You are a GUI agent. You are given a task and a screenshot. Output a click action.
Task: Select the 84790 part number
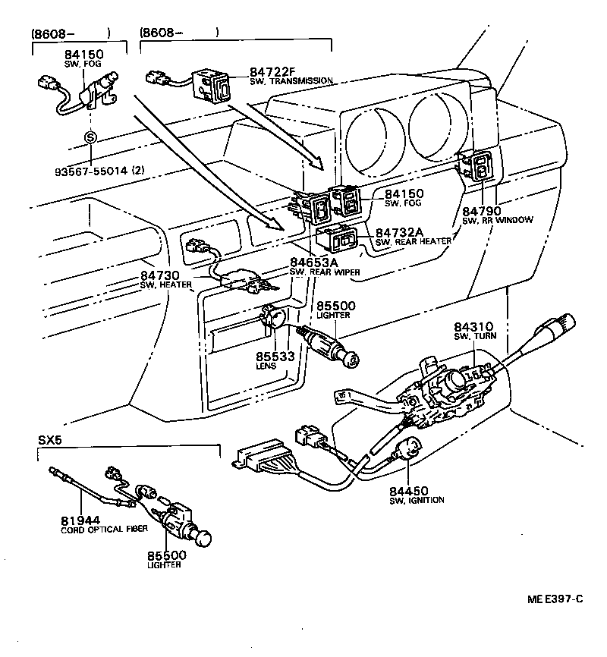point(483,210)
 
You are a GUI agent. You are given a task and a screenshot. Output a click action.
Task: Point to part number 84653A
point(314,263)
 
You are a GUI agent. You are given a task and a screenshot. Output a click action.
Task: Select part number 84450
point(407,491)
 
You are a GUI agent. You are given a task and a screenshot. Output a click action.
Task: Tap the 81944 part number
point(78,520)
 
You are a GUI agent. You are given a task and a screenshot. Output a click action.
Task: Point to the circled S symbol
point(90,138)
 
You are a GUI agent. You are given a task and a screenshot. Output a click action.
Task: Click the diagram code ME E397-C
point(555,599)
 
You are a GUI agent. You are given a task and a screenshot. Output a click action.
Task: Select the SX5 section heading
point(49,440)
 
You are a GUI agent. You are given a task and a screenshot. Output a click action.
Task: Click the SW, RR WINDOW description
point(497,220)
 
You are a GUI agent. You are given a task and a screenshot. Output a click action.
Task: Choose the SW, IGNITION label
point(417,500)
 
